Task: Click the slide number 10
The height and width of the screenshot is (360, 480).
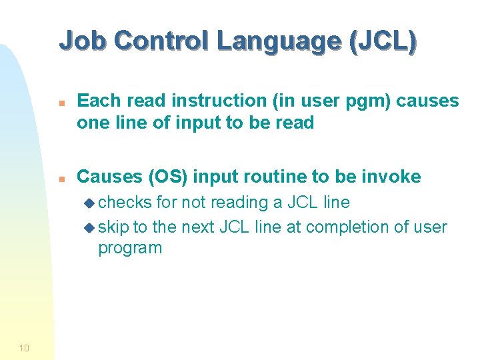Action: point(24,347)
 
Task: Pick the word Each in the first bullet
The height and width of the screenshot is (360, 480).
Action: point(97,101)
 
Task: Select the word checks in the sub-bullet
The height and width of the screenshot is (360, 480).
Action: point(125,203)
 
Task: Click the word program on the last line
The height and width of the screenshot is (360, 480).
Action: point(130,249)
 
